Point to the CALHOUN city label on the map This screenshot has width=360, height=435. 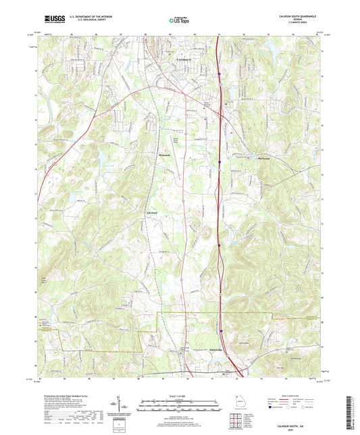tap(184, 61)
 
